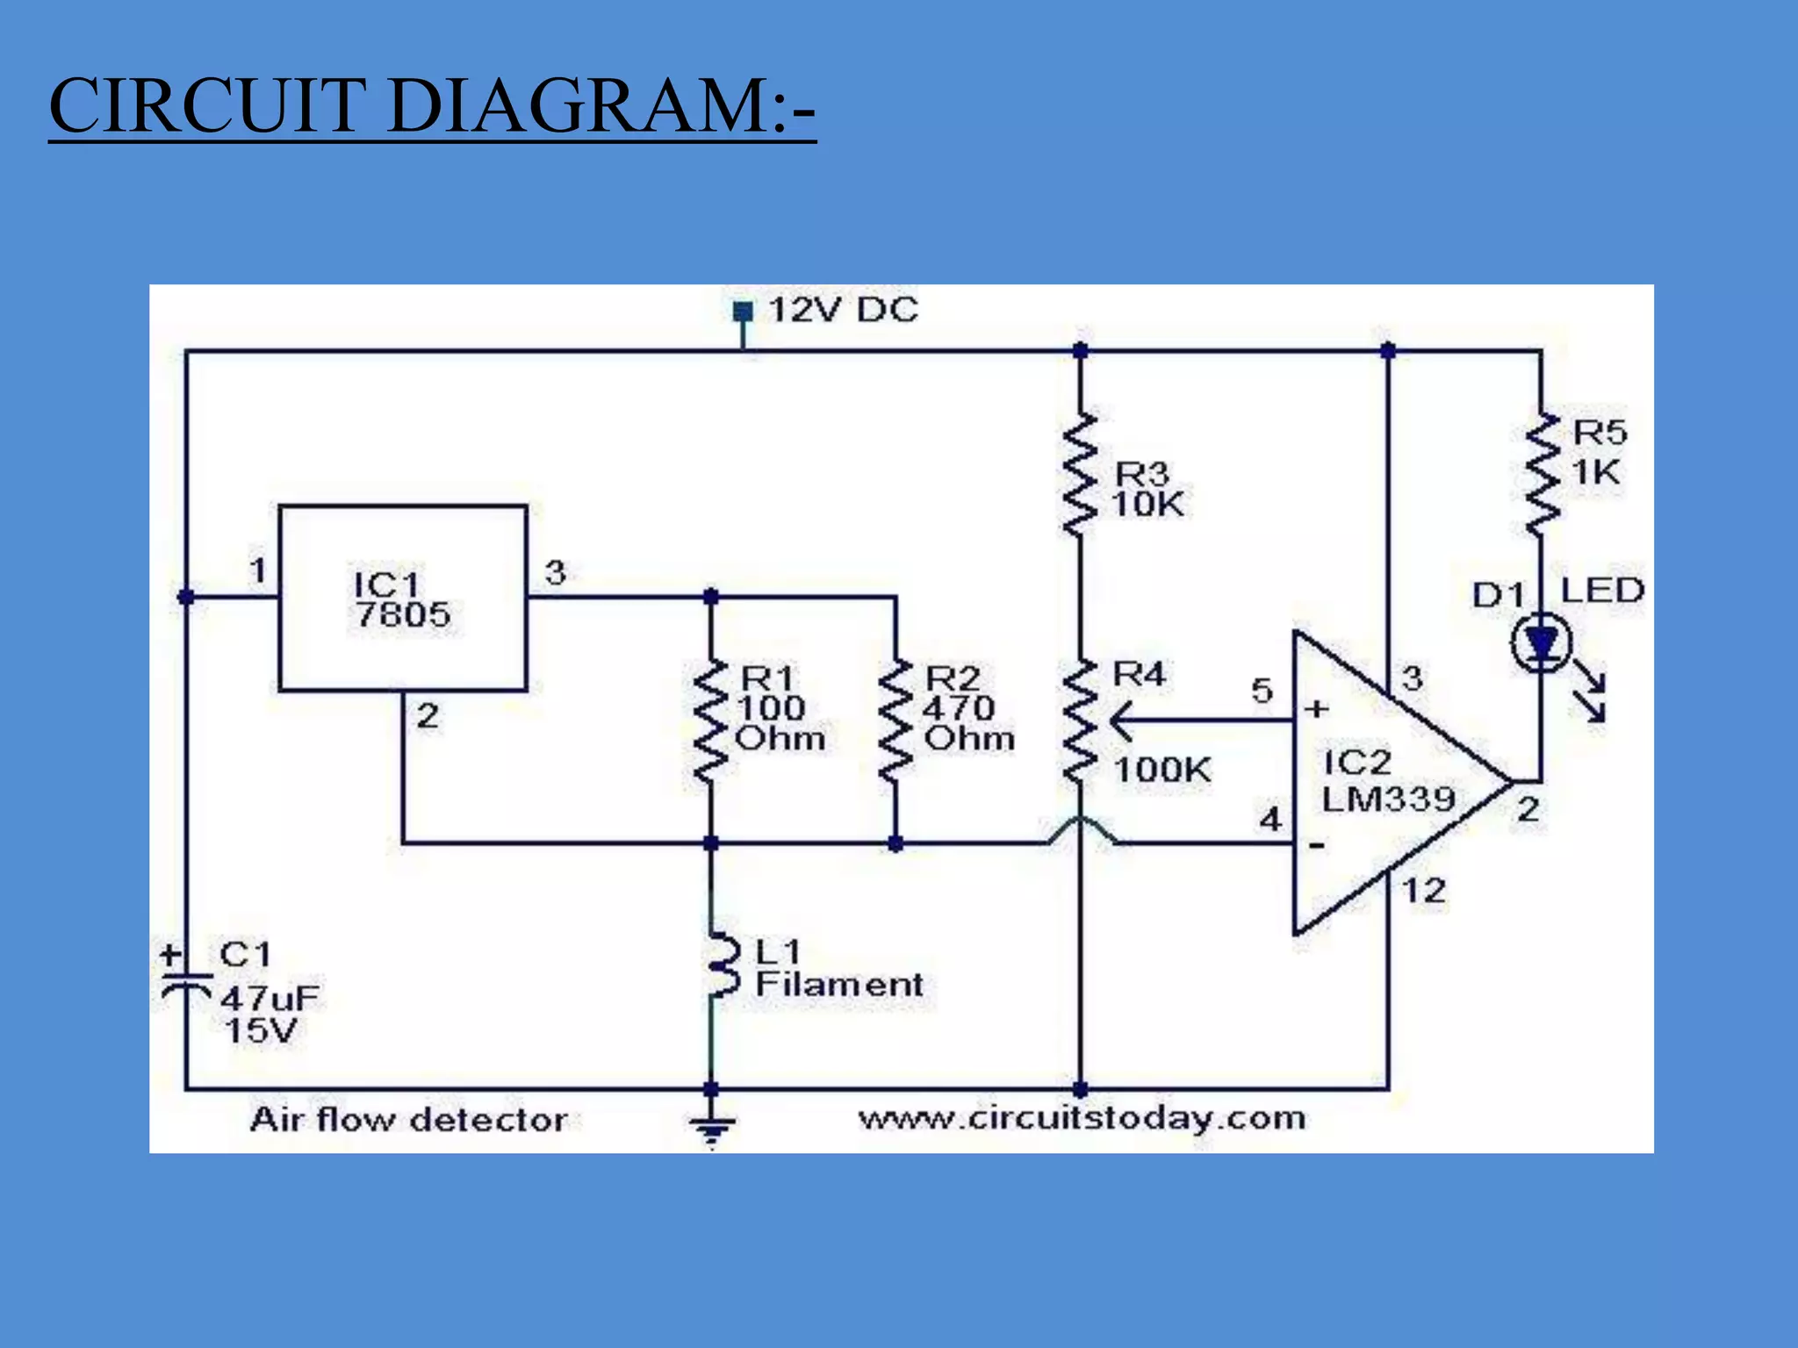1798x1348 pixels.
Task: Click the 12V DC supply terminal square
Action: [743, 312]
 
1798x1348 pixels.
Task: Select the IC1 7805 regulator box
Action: [403, 599]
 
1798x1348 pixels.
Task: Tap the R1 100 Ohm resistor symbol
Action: [711, 721]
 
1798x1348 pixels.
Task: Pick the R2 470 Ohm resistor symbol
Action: [895, 721]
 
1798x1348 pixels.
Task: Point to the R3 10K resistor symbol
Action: [1080, 476]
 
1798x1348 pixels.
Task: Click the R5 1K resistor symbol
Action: [1542, 476]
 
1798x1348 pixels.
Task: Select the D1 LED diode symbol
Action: [1542, 645]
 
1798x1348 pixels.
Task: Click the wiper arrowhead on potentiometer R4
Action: [1119, 721]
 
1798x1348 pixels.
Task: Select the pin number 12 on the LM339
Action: [1424, 891]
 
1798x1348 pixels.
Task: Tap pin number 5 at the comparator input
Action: [1262, 691]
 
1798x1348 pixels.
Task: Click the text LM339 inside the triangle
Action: [1389, 799]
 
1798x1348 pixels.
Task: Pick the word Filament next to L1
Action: [839, 985]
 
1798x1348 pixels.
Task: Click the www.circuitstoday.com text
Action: [1082, 1118]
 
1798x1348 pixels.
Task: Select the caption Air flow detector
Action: [409, 1120]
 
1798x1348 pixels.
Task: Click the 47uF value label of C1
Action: [270, 998]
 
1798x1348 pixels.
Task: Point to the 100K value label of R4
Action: [1162, 770]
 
